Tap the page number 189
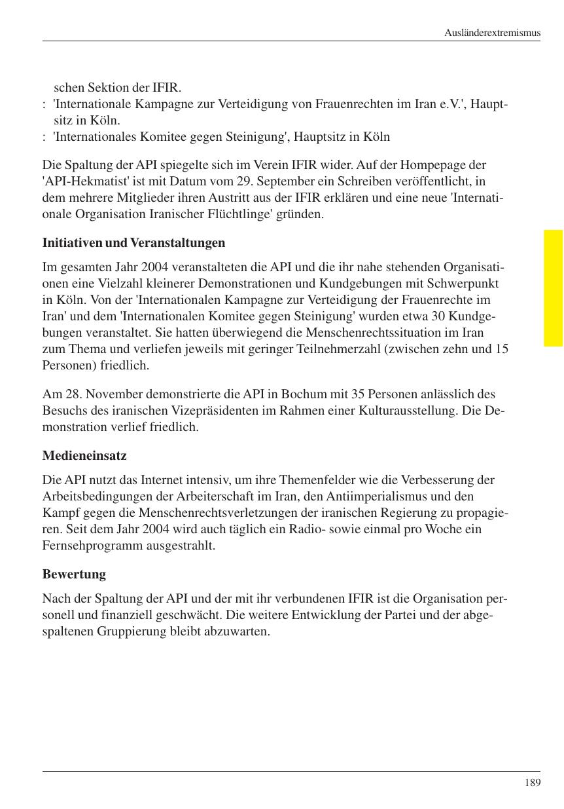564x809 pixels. [x=533, y=782]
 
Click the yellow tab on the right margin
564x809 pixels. [x=553, y=288]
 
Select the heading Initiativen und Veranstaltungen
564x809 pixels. [x=133, y=243]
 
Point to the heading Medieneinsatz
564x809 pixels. [x=84, y=455]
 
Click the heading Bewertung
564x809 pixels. [x=74, y=574]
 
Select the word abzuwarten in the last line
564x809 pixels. [x=239, y=632]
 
